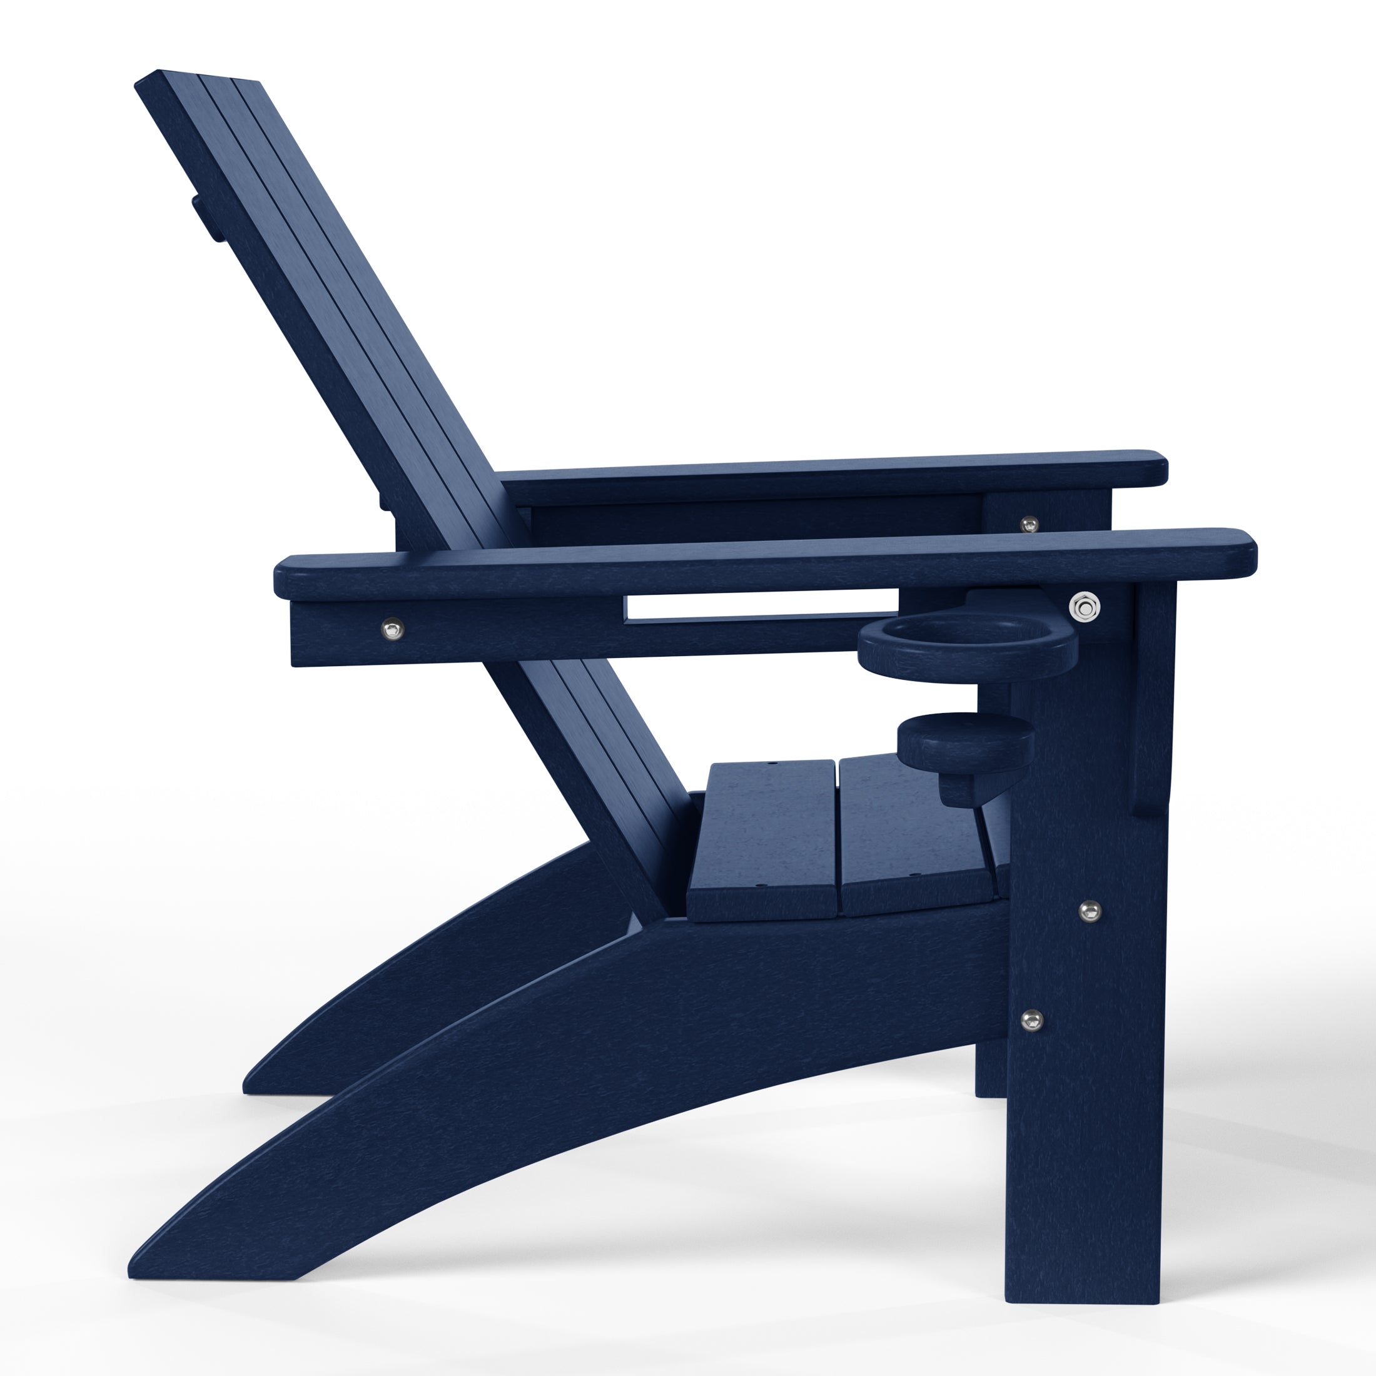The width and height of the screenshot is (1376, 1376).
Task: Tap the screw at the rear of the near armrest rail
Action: click(392, 629)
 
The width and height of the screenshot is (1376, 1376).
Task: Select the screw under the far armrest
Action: click(1028, 524)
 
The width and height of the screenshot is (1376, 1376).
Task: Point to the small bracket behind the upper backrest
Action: click(205, 217)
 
